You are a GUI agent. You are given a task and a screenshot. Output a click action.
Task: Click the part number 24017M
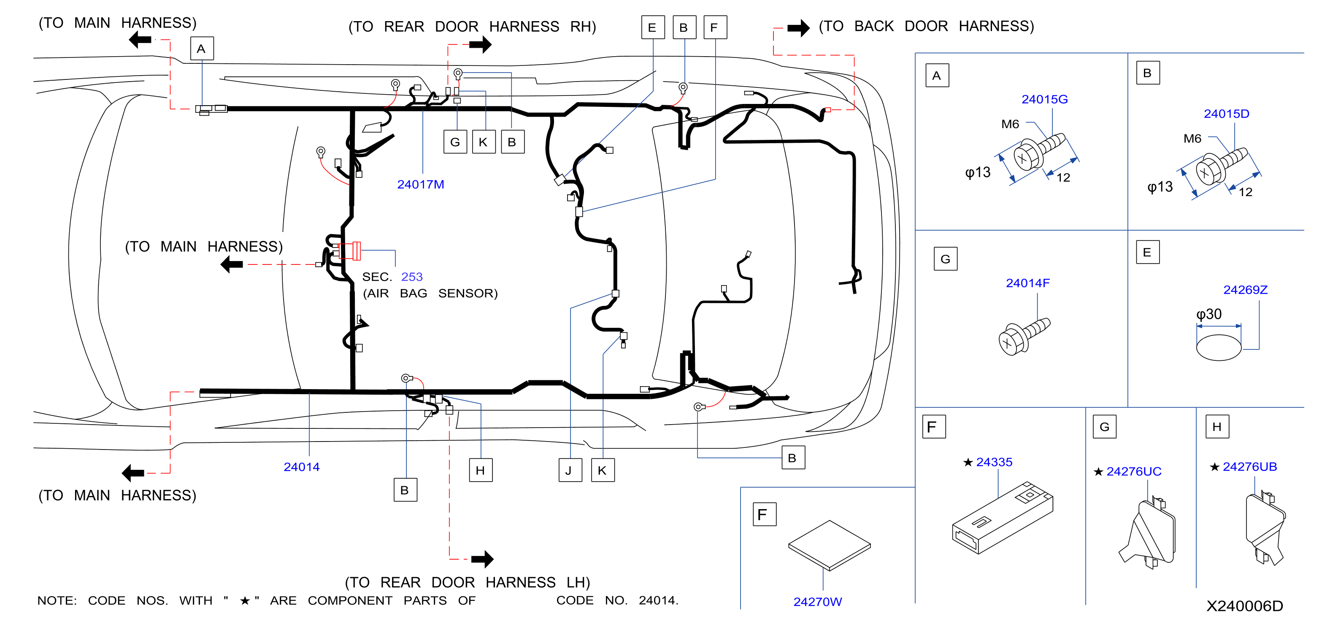pyautogui.click(x=420, y=185)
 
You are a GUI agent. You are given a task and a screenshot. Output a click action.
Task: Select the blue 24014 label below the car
pyautogui.click(x=301, y=467)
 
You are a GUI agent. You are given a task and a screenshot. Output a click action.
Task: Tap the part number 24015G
pyautogui.click(x=1044, y=99)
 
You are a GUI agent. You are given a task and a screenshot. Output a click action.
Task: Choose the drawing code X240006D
pyautogui.click(x=1244, y=606)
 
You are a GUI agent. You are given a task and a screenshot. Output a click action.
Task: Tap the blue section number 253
pyautogui.click(x=411, y=277)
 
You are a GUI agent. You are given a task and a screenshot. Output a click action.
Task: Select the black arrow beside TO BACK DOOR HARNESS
pyautogui.click(x=798, y=27)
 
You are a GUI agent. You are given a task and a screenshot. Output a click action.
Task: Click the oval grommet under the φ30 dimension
pyautogui.click(x=1219, y=347)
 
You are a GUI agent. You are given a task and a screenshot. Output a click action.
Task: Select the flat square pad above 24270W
pyautogui.click(x=829, y=545)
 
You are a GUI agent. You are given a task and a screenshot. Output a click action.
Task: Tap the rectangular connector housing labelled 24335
pyautogui.click(x=1003, y=518)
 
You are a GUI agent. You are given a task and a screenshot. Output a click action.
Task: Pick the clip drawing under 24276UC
pyautogui.click(x=1148, y=533)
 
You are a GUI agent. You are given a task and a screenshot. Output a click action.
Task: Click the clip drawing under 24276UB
pyautogui.click(x=1265, y=528)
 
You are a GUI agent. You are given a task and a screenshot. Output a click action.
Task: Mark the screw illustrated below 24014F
pyautogui.click(x=1024, y=337)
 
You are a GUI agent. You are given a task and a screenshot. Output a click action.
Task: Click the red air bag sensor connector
pyautogui.click(x=349, y=251)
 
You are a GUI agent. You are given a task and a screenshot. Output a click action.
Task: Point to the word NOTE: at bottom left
pyautogui.click(x=57, y=600)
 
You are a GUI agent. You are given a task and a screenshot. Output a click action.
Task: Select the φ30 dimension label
pyautogui.click(x=1208, y=314)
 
